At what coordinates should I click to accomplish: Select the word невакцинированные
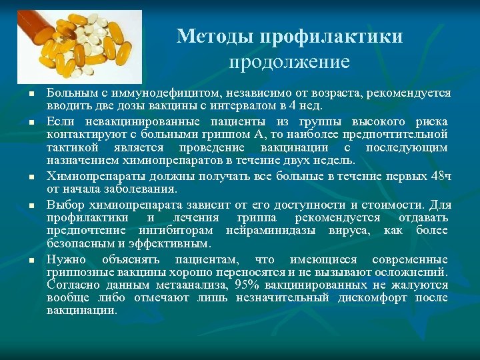click(128, 122)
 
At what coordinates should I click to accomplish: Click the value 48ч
click(441, 176)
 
